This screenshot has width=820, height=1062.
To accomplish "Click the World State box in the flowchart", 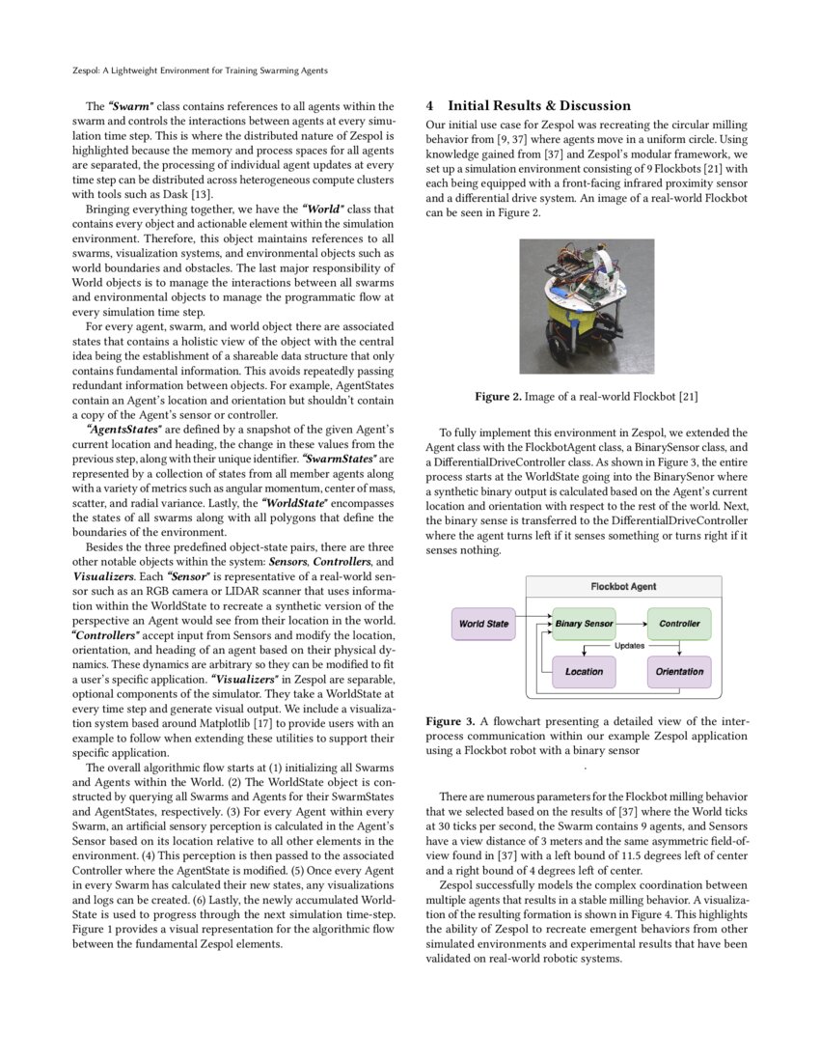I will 484,624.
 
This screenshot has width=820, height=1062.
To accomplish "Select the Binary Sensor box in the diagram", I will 584,624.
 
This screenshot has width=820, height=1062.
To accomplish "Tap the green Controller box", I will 679,624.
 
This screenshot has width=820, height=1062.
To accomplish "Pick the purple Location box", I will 584,671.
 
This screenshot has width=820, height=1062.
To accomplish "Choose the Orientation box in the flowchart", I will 679,671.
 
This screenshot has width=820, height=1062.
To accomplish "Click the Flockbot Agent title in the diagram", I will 623,586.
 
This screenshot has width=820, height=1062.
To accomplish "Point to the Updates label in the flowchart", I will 629,646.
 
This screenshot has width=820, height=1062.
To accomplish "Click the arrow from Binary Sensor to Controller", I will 631,624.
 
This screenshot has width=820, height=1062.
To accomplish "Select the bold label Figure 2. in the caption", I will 499,397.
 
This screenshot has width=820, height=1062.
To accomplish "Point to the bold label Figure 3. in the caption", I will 450,721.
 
